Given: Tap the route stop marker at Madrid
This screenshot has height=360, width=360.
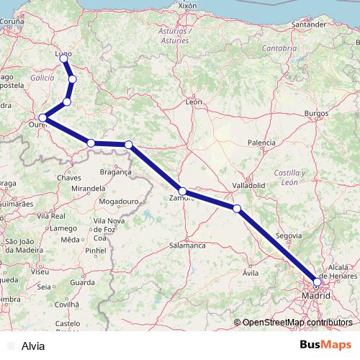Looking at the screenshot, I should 317,282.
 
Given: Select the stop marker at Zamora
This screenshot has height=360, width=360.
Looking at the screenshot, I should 183,192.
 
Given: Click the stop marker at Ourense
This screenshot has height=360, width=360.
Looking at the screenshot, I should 43,117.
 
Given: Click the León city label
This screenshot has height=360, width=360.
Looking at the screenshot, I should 194,102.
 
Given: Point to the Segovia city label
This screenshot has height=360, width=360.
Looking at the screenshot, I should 288,235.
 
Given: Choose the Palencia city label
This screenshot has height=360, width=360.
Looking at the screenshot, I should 261,143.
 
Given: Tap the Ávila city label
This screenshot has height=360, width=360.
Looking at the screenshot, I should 251,274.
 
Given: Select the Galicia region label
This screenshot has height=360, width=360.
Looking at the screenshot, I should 42,76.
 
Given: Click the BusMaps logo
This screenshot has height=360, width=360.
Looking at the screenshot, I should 325,345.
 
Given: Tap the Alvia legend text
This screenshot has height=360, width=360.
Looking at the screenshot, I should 33,346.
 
